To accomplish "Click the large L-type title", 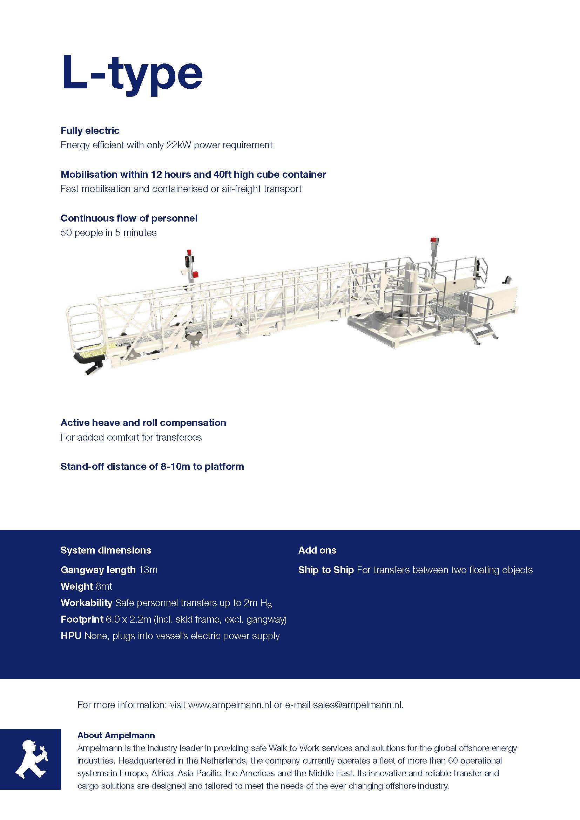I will (x=132, y=73).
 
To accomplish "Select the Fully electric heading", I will (x=90, y=130).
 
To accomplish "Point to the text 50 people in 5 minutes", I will (x=109, y=232).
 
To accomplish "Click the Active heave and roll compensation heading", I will (x=143, y=422).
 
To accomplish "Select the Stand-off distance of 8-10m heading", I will (x=152, y=466).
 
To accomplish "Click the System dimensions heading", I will (x=106, y=550).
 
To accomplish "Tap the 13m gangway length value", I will (x=148, y=570).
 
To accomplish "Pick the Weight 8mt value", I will (x=104, y=586).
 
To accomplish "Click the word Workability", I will (x=86, y=603).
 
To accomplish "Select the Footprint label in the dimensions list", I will (x=82, y=619).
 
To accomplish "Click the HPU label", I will (x=71, y=636).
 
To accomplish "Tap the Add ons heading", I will (x=317, y=550).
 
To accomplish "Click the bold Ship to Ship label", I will (x=326, y=570).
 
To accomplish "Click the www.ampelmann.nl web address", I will (x=229, y=705).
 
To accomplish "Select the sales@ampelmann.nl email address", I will (x=358, y=705).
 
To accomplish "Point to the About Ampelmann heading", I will (x=116, y=736).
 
